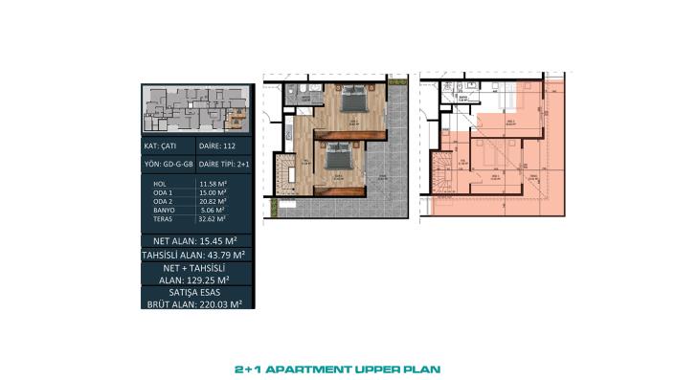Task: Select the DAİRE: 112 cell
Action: click(223, 147)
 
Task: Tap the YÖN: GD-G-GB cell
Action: click(168, 165)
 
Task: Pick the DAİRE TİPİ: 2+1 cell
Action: click(223, 165)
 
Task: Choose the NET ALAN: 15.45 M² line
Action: click(195, 239)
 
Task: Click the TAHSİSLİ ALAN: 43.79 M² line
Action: click(195, 256)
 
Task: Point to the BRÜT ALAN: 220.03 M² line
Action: click(195, 303)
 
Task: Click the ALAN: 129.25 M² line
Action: click(195, 281)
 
